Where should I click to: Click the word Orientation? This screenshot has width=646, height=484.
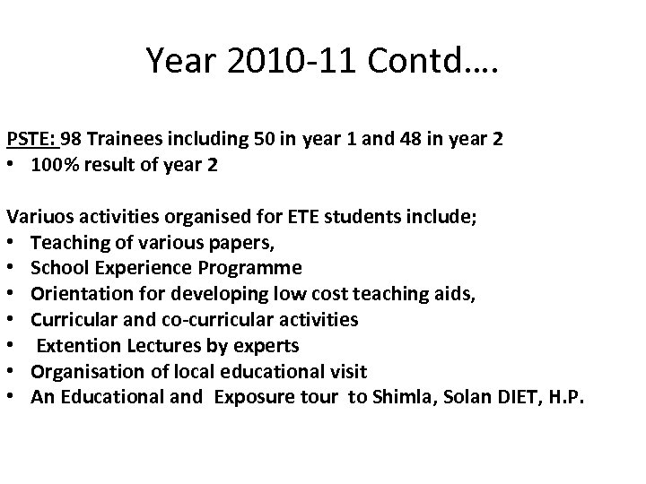78,293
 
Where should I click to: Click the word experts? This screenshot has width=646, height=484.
269,345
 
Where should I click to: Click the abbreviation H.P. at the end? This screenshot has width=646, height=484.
564,396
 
